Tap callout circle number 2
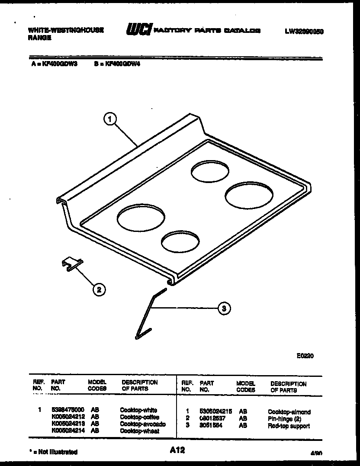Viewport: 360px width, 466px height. click(99, 289)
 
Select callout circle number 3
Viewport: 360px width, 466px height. click(223, 309)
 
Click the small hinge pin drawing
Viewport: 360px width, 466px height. click(71, 264)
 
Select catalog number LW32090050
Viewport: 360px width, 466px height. click(304, 31)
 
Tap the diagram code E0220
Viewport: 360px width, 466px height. click(305, 356)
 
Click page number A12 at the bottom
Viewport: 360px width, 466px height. click(177, 450)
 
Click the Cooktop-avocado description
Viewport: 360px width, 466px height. click(143, 424)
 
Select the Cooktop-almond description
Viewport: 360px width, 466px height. click(289, 412)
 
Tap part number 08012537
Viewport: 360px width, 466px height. click(212, 419)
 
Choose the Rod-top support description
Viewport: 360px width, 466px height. click(289, 426)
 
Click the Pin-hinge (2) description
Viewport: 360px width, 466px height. click(284, 419)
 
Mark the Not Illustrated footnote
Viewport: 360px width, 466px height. click(53, 452)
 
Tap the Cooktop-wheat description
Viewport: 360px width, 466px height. click(139, 431)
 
